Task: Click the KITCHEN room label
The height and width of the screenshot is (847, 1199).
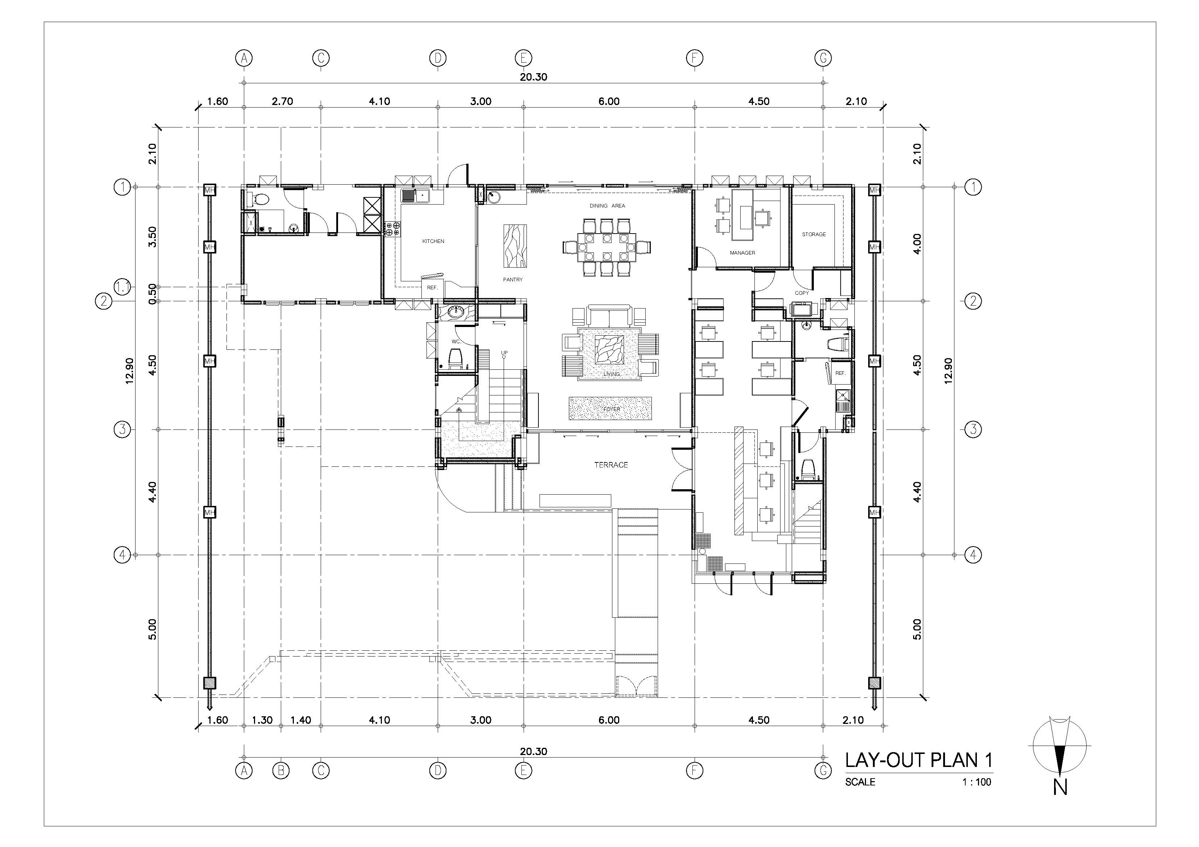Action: (433, 241)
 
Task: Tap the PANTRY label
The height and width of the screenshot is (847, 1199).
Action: (512, 280)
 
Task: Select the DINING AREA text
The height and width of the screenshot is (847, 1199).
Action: (607, 206)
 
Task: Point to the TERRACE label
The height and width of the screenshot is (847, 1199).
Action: (611, 465)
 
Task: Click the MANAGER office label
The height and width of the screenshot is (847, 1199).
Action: (742, 253)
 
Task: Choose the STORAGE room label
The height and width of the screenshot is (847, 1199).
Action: (813, 234)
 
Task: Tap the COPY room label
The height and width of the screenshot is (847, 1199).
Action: (802, 293)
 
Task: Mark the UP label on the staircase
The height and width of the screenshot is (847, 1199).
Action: (504, 353)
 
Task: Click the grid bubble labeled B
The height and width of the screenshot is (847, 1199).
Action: (281, 770)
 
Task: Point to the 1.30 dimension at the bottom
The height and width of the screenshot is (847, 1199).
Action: (262, 720)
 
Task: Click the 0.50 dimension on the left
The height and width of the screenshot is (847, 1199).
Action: (153, 294)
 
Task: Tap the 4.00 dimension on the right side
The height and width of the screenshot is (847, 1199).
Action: (917, 244)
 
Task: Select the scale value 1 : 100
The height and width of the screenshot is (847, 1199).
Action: (977, 782)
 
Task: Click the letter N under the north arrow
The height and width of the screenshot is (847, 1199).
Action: (1059, 787)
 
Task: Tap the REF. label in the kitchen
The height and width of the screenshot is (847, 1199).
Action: (432, 288)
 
